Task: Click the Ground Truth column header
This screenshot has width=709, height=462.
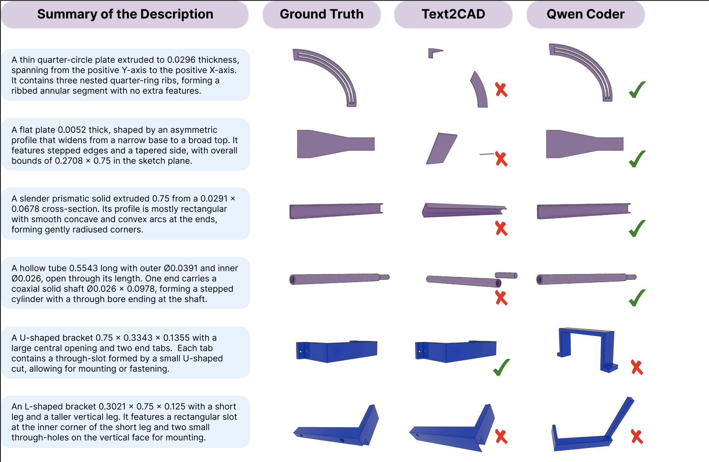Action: click(321, 14)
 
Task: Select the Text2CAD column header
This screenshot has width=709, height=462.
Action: click(453, 14)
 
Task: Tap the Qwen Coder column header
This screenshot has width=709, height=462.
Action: click(585, 14)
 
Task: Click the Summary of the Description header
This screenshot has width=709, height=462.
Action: click(125, 14)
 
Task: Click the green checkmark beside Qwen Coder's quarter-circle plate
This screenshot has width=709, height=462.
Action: click(637, 90)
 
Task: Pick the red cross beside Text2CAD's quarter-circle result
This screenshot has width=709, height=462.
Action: click(501, 90)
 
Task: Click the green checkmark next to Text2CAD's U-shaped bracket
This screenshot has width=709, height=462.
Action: click(501, 367)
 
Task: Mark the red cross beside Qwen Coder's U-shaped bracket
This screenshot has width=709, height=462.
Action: click(637, 367)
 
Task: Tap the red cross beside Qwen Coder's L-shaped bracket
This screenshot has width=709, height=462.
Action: click(637, 437)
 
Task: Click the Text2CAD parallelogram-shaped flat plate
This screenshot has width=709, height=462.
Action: click(442, 149)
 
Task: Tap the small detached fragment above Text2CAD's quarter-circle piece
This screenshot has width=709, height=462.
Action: click(434, 53)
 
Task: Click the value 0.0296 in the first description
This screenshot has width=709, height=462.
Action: click(181, 60)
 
